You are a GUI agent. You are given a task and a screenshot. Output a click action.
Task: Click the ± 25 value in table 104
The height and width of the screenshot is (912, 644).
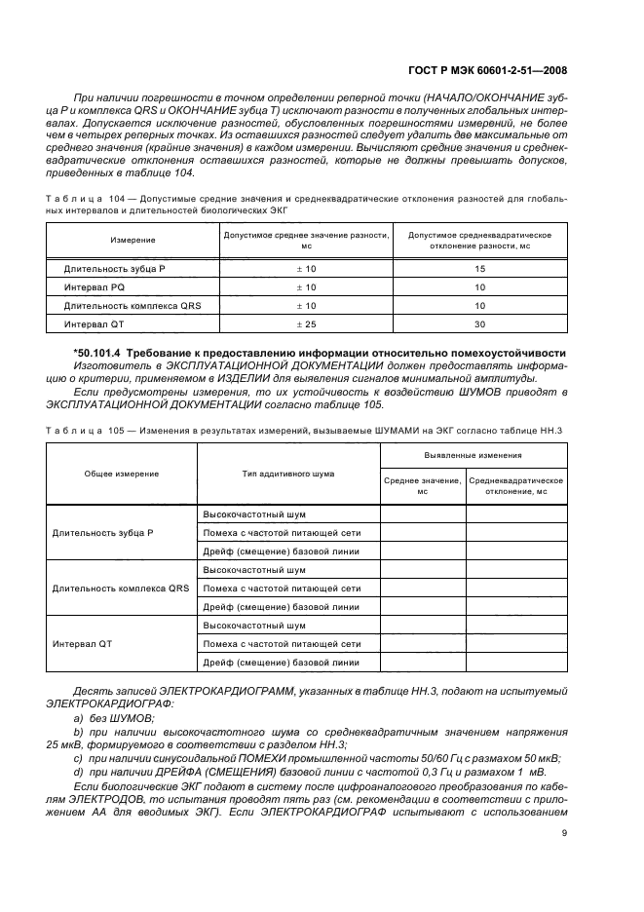pos(306,323)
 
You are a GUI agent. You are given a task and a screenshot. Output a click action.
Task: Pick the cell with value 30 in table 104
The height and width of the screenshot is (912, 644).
pos(479,323)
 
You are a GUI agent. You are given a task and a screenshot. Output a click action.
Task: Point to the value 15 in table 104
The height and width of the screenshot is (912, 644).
pos(479,268)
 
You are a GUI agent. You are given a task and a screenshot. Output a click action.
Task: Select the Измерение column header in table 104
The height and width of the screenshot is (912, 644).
pos(133,240)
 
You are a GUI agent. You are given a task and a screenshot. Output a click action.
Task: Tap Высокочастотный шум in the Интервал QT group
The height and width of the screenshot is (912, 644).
pos(253,626)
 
